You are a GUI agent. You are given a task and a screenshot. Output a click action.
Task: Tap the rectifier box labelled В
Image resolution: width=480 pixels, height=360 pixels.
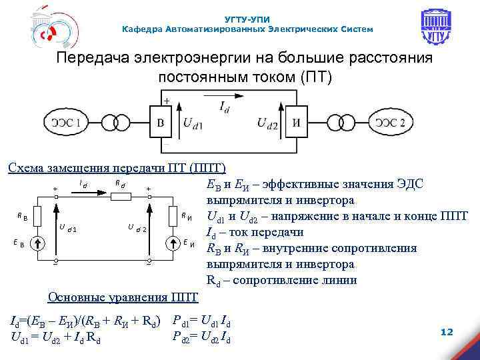coord(160,122)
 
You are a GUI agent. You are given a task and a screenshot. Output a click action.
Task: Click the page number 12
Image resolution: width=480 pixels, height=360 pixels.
coord(447,331)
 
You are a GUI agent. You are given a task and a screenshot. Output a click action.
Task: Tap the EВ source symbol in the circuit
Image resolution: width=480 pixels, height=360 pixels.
coord(39,241)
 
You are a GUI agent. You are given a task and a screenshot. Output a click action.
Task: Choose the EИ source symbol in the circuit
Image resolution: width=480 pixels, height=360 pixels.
coord(175,241)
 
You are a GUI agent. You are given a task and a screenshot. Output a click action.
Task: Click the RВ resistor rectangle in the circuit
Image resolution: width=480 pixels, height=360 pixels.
coord(39,215)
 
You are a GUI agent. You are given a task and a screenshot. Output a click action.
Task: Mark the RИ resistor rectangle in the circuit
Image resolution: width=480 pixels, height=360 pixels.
coord(175,215)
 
